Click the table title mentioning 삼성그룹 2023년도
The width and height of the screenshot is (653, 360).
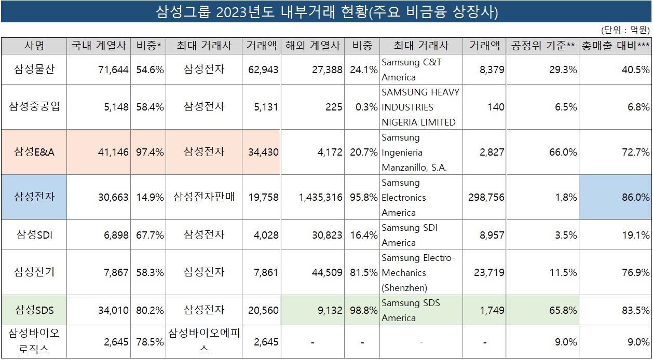tap(327, 12)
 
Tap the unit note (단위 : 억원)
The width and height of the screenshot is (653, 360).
tap(625, 30)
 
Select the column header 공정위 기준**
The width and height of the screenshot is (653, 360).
tap(542, 46)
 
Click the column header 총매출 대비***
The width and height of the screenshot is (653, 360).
tap(616, 46)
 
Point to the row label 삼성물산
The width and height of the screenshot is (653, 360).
tap(34, 69)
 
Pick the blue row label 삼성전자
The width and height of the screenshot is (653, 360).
tap(34, 197)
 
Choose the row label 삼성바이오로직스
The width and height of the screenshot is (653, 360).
tap(34, 341)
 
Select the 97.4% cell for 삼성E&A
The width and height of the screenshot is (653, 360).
tap(150, 152)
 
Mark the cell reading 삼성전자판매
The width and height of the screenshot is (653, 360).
tap(204, 197)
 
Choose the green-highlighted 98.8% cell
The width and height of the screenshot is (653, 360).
tap(362, 310)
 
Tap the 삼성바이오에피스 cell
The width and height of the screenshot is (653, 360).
tap(204, 341)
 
